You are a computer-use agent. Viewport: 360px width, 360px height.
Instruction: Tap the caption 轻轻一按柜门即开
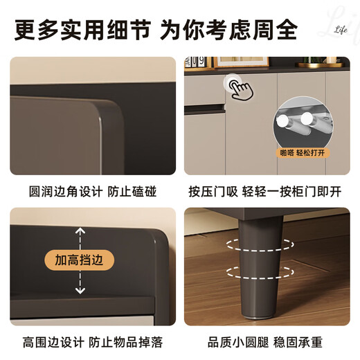(x=295, y=190)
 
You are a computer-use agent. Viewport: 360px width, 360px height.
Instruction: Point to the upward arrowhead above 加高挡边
(x=80, y=231)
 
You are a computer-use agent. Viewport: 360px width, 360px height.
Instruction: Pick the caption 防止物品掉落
(x=129, y=343)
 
